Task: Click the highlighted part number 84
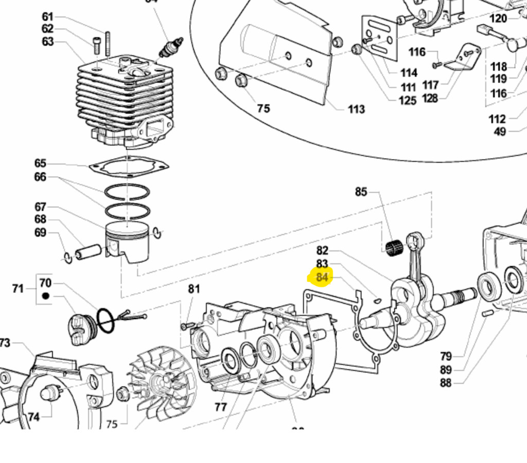pos(322,278)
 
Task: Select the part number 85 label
pos(361,192)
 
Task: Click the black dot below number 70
pos(45,296)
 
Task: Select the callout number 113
pos(356,109)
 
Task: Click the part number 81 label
pos(194,289)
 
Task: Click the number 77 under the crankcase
pos(220,407)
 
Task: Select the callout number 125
pos(407,100)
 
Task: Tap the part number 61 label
pos(47,16)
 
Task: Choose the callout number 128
pos(430,98)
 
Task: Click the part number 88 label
pos(446,383)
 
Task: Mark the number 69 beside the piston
pos(40,232)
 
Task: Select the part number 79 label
pos(446,356)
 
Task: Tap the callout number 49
pos(500,131)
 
